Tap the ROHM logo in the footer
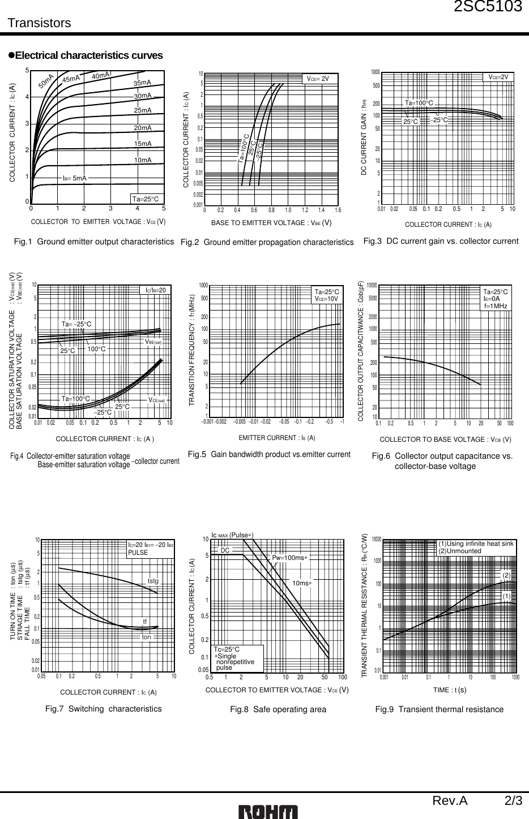point(268,811)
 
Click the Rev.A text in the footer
point(450,801)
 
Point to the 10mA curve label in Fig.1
point(143,160)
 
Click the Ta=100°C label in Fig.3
point(419,103)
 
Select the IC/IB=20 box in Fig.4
point(155,290)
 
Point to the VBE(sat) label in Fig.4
point(153,342)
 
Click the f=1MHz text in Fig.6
point(495,306)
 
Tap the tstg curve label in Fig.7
point(153,581)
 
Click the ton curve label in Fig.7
point(147,637)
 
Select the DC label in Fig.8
point(225,550)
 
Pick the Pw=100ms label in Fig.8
point(289,558)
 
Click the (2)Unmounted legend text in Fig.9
point(459,551)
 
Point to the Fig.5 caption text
point(268,454)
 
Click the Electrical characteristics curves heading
point(88,55)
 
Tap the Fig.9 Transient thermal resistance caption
point(439,709)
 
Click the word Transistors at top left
point(39,23)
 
